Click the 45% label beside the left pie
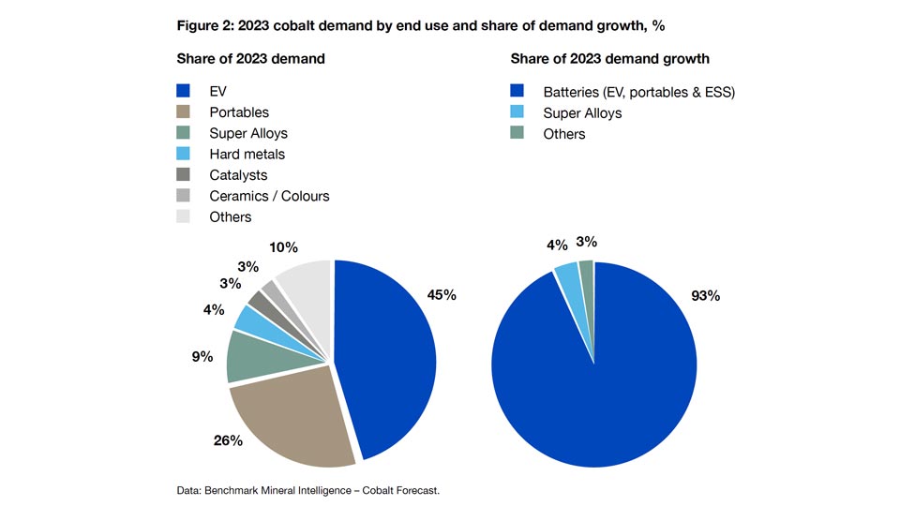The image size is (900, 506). click(442, 295)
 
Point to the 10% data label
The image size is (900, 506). click(282, 247)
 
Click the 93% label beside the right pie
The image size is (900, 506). click(705, 295)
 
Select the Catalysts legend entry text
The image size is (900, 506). click(238, 175)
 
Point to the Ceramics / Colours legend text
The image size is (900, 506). click(269, 196)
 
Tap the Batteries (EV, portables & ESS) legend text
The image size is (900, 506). click(639, 92)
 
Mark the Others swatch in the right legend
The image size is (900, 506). click(517, 134)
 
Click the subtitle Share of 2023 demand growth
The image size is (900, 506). click(609, 59)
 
